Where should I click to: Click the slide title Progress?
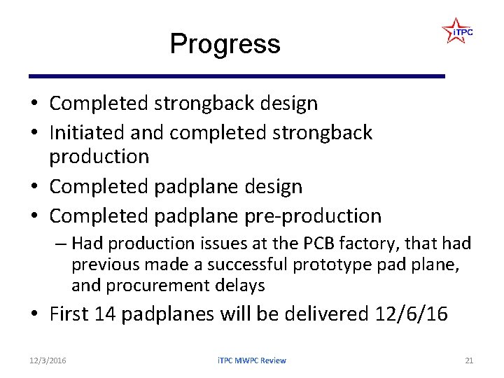pos(225,44)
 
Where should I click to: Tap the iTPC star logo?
pos(457,31)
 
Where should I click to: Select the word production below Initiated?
pos(99,156)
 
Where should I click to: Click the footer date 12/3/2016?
pos(48,360)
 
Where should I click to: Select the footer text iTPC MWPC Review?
pos(251,360)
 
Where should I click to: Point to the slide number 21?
pos(469,360)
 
